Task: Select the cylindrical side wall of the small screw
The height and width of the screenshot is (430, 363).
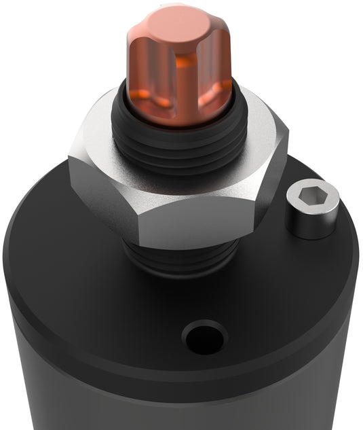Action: [x=312, y=224]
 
